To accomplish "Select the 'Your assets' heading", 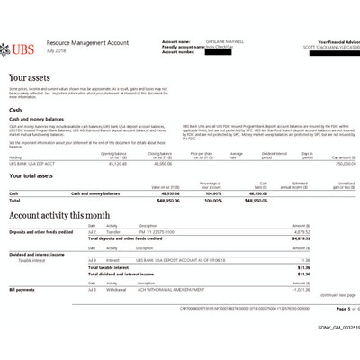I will [x=30, y=80].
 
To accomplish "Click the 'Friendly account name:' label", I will [x=184, y=46].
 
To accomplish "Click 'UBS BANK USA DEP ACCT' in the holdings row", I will [x=31, y=163].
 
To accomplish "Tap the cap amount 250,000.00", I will [x=335, y=163].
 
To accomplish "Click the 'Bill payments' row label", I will [x=22, y=291].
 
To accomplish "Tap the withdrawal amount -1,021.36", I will [x=333, y=291].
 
